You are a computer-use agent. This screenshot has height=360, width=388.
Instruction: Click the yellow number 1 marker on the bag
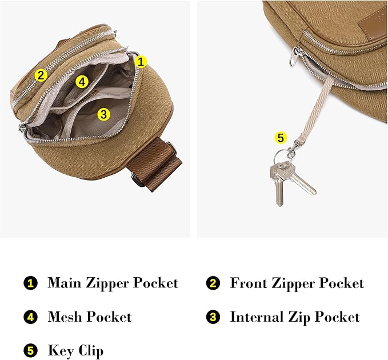142,62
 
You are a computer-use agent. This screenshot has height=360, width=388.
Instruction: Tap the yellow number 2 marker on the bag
40,74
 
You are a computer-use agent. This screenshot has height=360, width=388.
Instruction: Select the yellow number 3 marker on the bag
103,114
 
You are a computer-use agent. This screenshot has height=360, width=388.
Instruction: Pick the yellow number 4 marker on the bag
82,82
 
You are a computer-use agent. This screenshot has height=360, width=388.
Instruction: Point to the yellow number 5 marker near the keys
280,137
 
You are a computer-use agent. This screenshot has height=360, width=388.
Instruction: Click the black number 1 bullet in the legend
30,283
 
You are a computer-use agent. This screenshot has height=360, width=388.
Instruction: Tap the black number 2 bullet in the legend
213,283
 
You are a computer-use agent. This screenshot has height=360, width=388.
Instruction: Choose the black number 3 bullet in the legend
213,318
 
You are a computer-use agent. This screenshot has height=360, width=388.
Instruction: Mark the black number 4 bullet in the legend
30,318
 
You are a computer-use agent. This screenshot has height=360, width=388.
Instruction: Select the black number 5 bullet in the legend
30,350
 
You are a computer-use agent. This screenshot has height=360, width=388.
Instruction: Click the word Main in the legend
64,283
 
